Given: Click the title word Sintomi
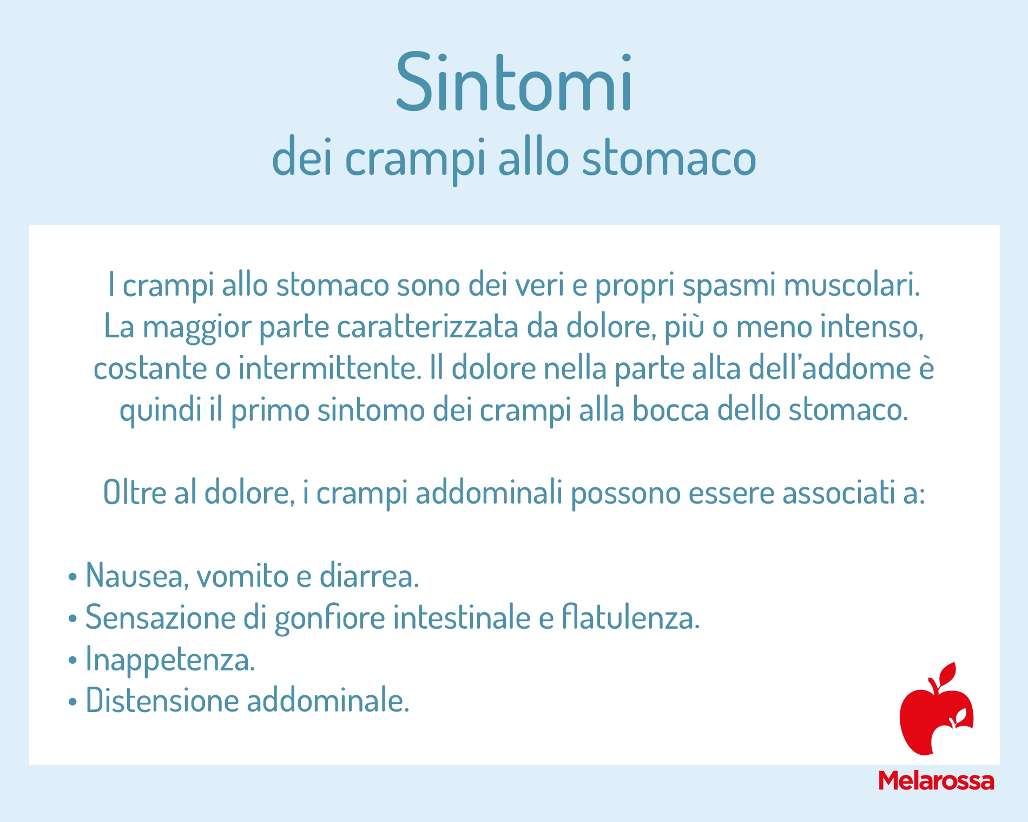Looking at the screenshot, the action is coord(514,83).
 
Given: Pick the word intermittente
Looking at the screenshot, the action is coord(330,368).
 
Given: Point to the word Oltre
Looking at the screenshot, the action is coord(135,493).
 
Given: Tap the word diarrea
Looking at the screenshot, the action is coord(370,575).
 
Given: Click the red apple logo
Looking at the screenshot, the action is coord(937,708).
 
